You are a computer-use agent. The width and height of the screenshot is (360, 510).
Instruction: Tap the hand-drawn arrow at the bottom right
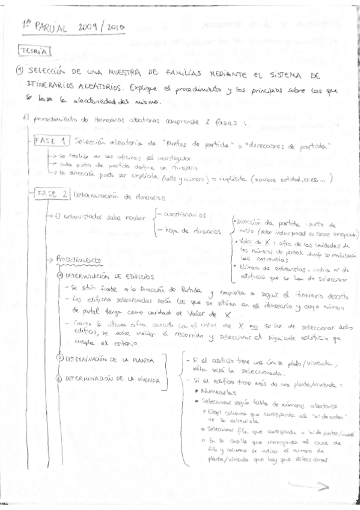click(x=308, y=487)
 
